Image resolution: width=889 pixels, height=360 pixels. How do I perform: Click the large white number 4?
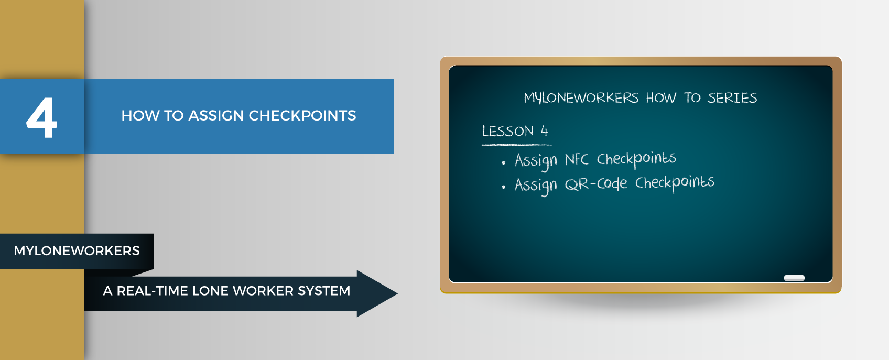[42, 118]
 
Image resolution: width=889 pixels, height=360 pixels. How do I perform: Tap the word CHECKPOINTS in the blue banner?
[302, 115]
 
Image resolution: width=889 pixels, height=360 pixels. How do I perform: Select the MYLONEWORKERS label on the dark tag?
[77, 251]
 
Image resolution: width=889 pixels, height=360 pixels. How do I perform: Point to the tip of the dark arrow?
[397, 293]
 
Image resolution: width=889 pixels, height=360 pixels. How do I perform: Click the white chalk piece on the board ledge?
[794, 278]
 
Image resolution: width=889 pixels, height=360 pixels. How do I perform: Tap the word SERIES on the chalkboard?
[732, 98]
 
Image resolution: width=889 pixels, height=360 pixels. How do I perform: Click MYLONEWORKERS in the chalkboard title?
[581, 98]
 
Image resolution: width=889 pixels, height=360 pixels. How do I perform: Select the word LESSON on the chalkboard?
[507, 131]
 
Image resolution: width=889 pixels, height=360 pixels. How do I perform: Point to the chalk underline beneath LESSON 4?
[517, 145]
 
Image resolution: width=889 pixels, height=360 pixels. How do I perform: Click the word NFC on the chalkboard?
[576, 160]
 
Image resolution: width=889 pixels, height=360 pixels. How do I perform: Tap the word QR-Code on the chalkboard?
[595, 184]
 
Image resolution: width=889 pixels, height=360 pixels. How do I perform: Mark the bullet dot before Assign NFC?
[503, 162]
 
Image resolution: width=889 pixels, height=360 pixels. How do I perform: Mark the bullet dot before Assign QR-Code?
[503, 187]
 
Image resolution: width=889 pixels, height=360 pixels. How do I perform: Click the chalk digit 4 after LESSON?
[544, 131]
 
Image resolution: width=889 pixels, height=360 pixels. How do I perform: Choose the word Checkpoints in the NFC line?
[636, 159]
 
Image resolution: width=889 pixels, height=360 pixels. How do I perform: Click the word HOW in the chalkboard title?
[660, 98]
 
